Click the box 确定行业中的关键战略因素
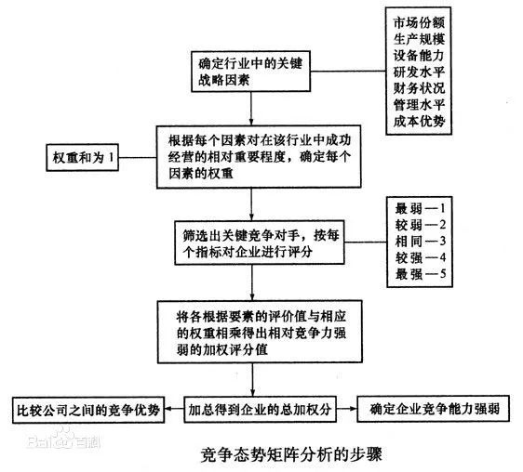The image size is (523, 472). tap(251, 72)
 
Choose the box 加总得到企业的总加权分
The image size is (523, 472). tap(251, 407)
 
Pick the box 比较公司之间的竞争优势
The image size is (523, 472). tap(89, 407)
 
